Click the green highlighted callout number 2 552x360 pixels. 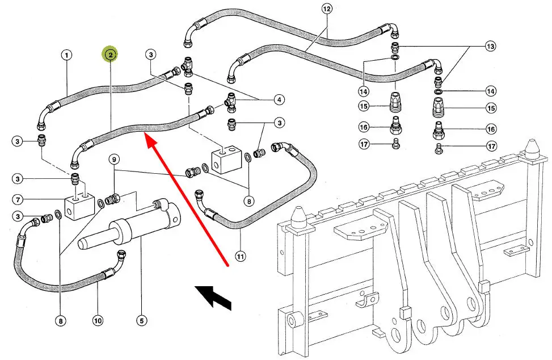pos(109,55)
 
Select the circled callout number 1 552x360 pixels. pos(67,55)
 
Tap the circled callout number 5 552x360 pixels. pos(141,321)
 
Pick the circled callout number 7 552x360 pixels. pos(19,199)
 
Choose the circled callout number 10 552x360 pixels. pos(98,321)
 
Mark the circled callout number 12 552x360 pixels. pos(326,9)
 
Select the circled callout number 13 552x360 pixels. pos(490,45)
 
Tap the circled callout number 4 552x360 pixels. pos(279,100)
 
